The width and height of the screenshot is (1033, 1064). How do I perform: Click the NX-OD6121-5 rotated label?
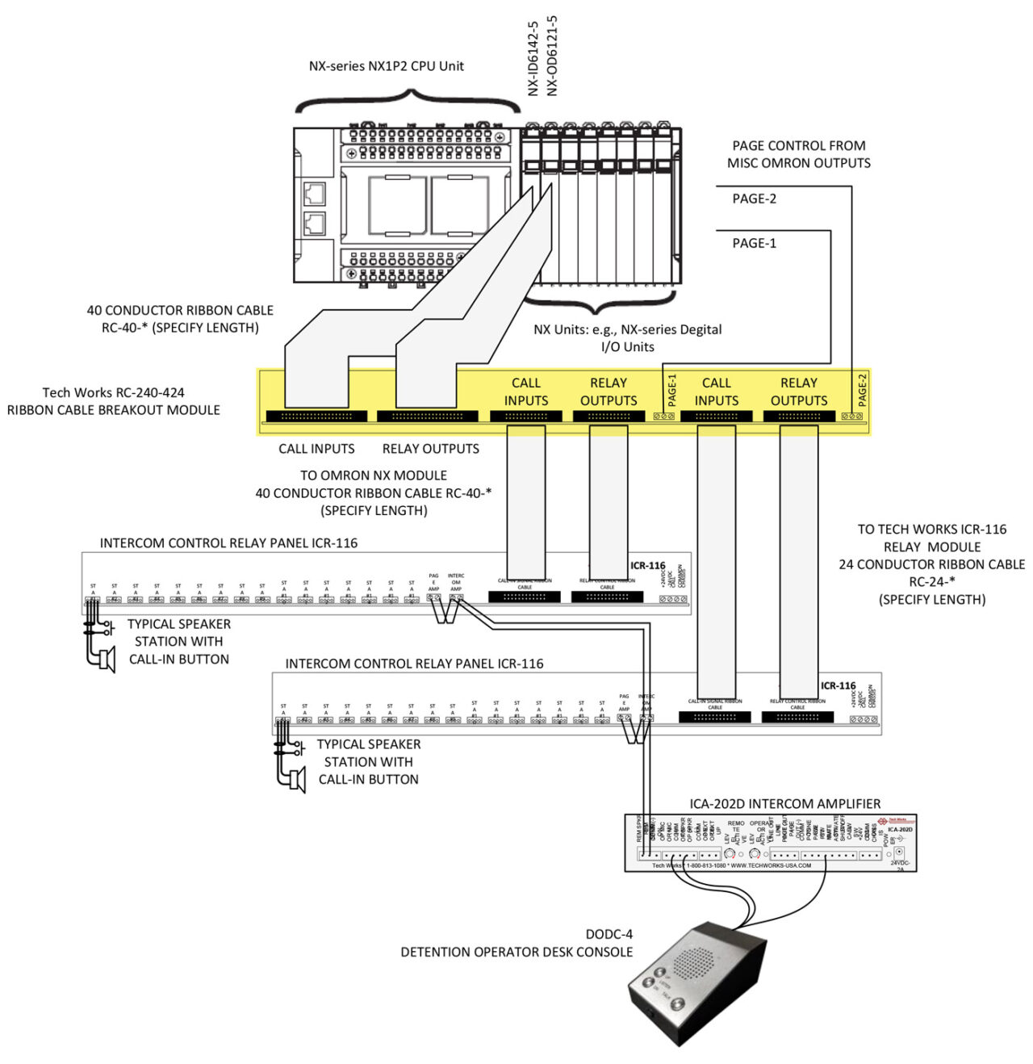coord(552,55)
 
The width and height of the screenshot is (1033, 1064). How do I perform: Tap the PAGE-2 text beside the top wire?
coord(754,199)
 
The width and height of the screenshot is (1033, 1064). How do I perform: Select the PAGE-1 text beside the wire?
coord(754,243)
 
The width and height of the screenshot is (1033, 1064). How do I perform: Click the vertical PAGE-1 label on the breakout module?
coord(672,390)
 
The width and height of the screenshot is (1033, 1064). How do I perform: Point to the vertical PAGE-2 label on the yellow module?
coord(862,390)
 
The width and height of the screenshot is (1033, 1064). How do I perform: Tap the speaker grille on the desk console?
coord(694,962)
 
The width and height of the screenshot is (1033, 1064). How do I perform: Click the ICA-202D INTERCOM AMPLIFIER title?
coord(784,803)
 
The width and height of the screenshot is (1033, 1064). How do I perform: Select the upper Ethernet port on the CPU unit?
coord(314,194)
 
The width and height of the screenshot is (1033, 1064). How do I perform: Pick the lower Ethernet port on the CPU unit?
coord(314,224)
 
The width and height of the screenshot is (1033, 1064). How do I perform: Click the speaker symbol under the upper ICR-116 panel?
coord(104,659)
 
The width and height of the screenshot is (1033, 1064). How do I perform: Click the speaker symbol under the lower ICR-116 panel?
coord(295,779)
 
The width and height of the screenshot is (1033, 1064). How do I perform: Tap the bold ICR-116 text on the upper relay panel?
coord(647,566)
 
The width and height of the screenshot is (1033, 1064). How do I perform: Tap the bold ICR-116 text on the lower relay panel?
coord(838,685)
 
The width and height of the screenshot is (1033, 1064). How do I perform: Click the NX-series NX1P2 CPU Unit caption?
coord(386,66)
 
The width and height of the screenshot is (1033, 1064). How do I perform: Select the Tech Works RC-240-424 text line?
coord(113,392)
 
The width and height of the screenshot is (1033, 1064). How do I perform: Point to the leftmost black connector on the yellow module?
coord(316,417)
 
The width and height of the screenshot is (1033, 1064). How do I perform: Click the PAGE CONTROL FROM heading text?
coord(798,145)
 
